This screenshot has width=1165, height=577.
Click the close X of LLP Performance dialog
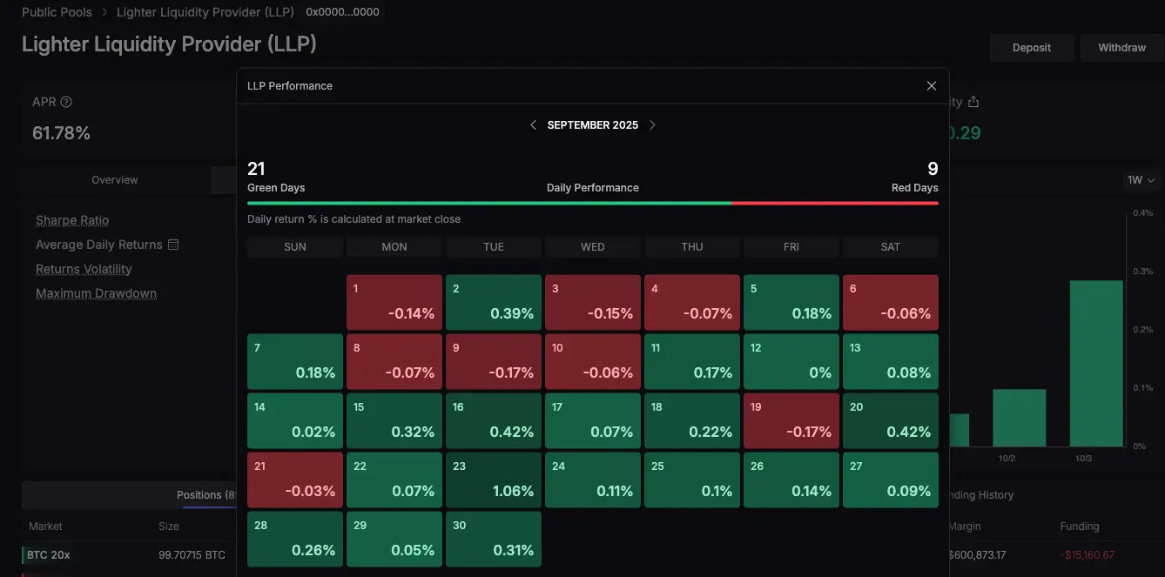pyautogui.click(x=932, y=86)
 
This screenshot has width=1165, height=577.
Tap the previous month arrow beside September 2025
pyautogui.click(x=533, y=125)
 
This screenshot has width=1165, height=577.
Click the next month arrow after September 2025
pyautogui.click(x=653, y=125)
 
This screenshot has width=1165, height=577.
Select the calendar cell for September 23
pyautogui.click(x=494, y=480)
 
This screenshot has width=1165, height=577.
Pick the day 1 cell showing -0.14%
pyautogui.click(x=394, y=302)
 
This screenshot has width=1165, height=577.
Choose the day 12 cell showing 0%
pyautogui.click(x=791, y=361)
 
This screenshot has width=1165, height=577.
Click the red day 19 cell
pyautogui.click(x=791, y=420)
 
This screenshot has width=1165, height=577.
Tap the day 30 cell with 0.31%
pyautogui.click(x=494, y=539)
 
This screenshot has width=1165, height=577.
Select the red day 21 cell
pyautogui.click(x=295, y=480)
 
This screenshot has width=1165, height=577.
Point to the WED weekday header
pyautogui.click(x=593, y=247)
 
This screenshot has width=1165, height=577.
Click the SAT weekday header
pyautogui.click(x=891, y=247)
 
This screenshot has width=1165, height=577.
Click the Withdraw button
pyautogui.click(x=1121, y=48)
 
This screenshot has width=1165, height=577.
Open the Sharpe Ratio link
pyautogui.click(x=72, y=220)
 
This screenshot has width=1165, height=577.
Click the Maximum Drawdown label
pyautogui.click(x=96, y=293)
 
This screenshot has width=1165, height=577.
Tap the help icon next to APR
pyautogui.click(x=66, y=102)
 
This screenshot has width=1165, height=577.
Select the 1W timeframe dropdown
pyautogui.click(x=1141, y=180)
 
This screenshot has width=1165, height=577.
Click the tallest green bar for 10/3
pyautogui.click(x=1095, y=363)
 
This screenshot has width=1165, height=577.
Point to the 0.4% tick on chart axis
pyautogui.click(x=1142, y=213)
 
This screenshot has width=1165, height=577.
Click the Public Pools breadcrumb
pyautogui.click(x=57, y=12)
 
